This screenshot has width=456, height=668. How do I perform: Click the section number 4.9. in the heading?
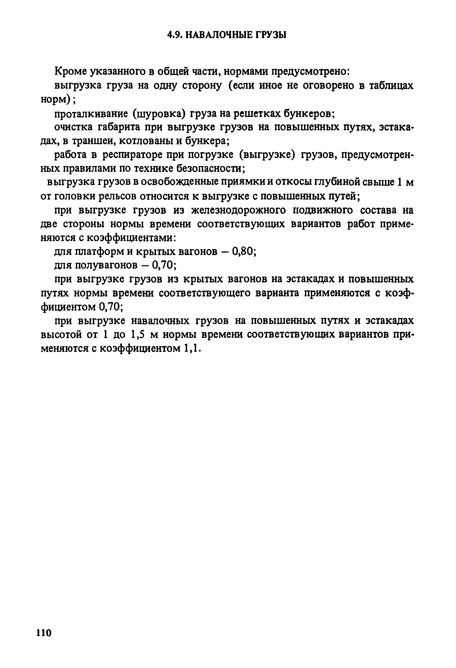(x=175, y=35)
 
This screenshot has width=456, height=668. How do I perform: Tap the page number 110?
(x=44, y=632)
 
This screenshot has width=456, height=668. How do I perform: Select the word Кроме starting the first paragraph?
(x=71, y=71)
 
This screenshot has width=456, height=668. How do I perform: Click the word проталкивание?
(x=91, y=114)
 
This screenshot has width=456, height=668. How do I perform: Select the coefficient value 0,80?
(x=244, y=252)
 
